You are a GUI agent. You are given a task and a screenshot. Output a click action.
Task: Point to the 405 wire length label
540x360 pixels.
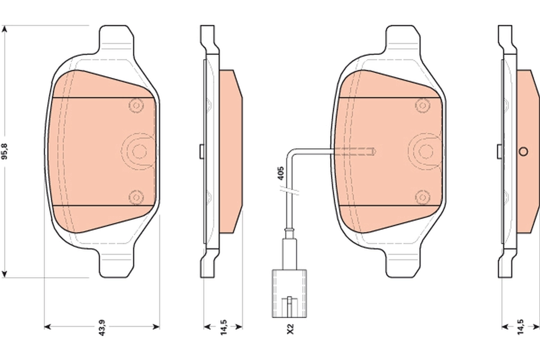click(281, 173)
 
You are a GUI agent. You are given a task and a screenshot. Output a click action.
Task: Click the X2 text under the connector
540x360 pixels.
click(290, 329)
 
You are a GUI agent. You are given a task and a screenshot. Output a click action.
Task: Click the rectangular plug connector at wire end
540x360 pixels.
click(290, 293)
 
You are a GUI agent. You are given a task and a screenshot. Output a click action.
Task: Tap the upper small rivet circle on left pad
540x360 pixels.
click(135, 105)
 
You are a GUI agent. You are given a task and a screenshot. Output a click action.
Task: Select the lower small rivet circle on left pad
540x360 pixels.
click(135, 197)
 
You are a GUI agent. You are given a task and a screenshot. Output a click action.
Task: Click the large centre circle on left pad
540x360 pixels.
click(138, 151)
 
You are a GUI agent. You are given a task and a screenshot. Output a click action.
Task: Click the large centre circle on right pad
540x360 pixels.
click(425, 151)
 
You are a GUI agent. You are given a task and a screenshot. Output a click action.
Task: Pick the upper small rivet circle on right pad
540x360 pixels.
click(422, 105)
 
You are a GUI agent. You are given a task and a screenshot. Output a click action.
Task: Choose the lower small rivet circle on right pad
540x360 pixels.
click(422, 197)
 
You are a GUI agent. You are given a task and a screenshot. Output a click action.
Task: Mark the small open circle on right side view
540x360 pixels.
click(523, 151)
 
